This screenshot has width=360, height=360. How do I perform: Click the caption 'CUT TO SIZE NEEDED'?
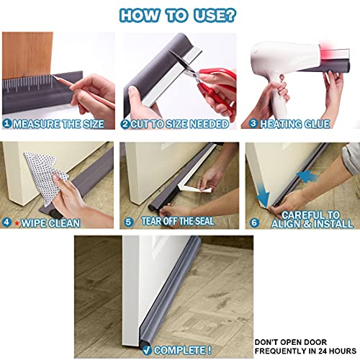coord(179,124)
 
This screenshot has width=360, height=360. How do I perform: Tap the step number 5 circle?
coord(128,223)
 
